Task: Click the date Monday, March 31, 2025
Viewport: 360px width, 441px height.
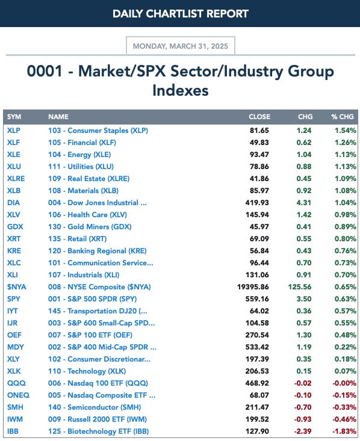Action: coord(181,46)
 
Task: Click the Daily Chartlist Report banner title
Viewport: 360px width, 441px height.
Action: coord(181,13)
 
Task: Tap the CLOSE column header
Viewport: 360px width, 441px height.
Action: coord(259,117)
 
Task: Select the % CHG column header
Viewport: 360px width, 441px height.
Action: coord(343,117)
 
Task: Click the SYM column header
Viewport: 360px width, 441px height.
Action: coord(14,117)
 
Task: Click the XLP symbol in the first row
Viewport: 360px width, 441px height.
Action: coord(13,131)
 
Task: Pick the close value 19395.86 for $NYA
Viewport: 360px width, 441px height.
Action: coord(253,287)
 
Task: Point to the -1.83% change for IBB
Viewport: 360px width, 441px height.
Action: coord(344,431)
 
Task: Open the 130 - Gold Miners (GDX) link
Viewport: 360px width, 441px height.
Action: coord(90,227)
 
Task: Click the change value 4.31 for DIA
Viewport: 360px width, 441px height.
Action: coord(303,203)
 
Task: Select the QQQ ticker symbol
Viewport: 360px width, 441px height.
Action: coord(16,383)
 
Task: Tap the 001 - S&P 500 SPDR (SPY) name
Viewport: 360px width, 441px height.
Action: coord(92,298)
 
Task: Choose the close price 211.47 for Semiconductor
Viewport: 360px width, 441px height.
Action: coord(257,407)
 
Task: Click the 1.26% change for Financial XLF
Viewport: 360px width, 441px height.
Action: coord(346,143)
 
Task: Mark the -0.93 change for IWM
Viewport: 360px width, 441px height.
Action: coord(303,419)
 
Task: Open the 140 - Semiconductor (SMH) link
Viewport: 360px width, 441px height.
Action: coord(95,407)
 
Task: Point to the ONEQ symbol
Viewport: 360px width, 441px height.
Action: coord(18,395)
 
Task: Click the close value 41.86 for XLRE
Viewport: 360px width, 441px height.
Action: coord(259,179)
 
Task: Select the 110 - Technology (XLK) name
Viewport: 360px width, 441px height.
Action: coord(87,371)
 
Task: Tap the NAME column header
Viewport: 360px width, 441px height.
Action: coord(58,117)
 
